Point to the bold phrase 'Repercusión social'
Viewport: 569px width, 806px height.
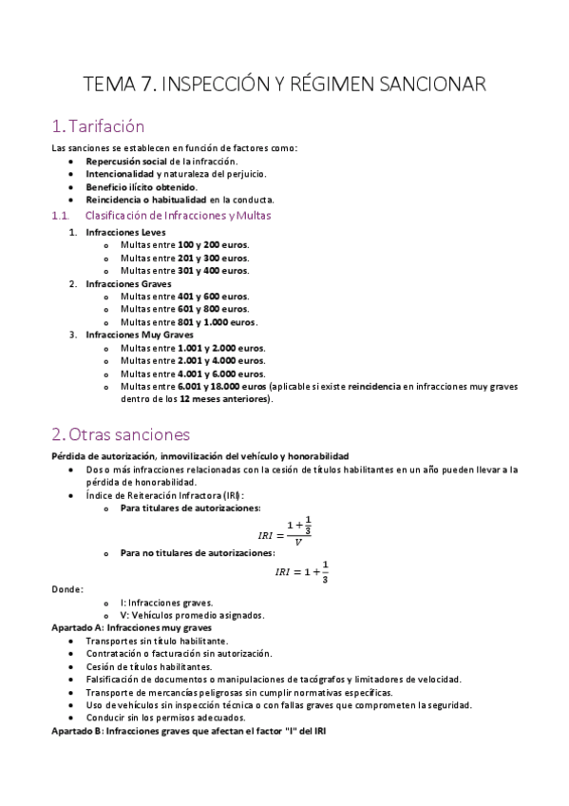125,162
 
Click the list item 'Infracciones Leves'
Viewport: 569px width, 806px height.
124,232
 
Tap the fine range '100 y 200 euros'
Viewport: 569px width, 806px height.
213,244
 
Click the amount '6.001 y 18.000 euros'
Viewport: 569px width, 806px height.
221,386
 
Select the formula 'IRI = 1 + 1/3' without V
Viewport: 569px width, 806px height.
302,571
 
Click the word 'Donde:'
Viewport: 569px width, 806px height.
66,589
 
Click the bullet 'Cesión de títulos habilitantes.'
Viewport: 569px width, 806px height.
148,666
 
